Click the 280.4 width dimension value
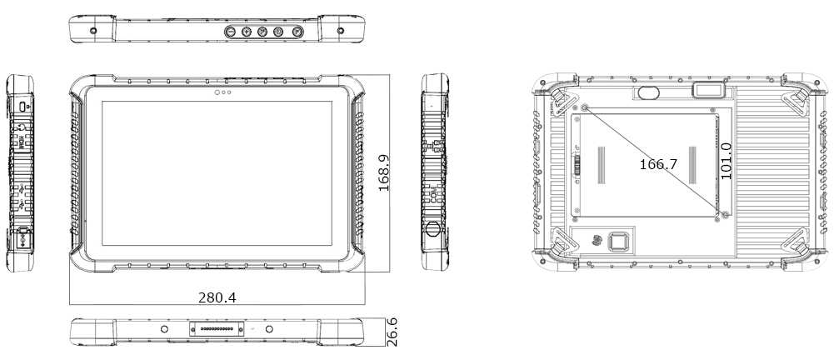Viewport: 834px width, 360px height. coord(217,297)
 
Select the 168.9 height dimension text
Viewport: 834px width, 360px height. coord(385,172)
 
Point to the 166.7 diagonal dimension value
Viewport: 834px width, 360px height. coord(658,165)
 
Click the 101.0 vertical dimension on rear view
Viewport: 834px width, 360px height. coord(725,161)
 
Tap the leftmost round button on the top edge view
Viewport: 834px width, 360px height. coord(232,32)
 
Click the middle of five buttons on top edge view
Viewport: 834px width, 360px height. coord(262,32)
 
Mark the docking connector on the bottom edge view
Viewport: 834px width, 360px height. coord(216,331)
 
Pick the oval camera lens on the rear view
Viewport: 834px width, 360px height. coord(646,91)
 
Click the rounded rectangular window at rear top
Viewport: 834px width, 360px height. coord(707,90)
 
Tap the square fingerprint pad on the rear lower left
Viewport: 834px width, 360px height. coord(621,242)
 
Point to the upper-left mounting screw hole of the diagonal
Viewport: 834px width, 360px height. coord(584,109)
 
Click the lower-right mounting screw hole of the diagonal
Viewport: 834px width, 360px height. coord(722,215)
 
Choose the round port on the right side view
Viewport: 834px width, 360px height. coord(433,229)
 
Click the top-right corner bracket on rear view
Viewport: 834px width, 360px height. coord(792,99)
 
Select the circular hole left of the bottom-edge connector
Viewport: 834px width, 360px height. coord(164,331)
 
